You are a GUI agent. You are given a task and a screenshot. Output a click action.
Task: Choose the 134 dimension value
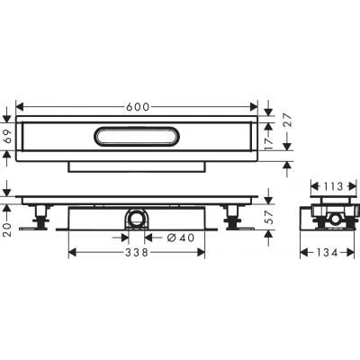point(328,253)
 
